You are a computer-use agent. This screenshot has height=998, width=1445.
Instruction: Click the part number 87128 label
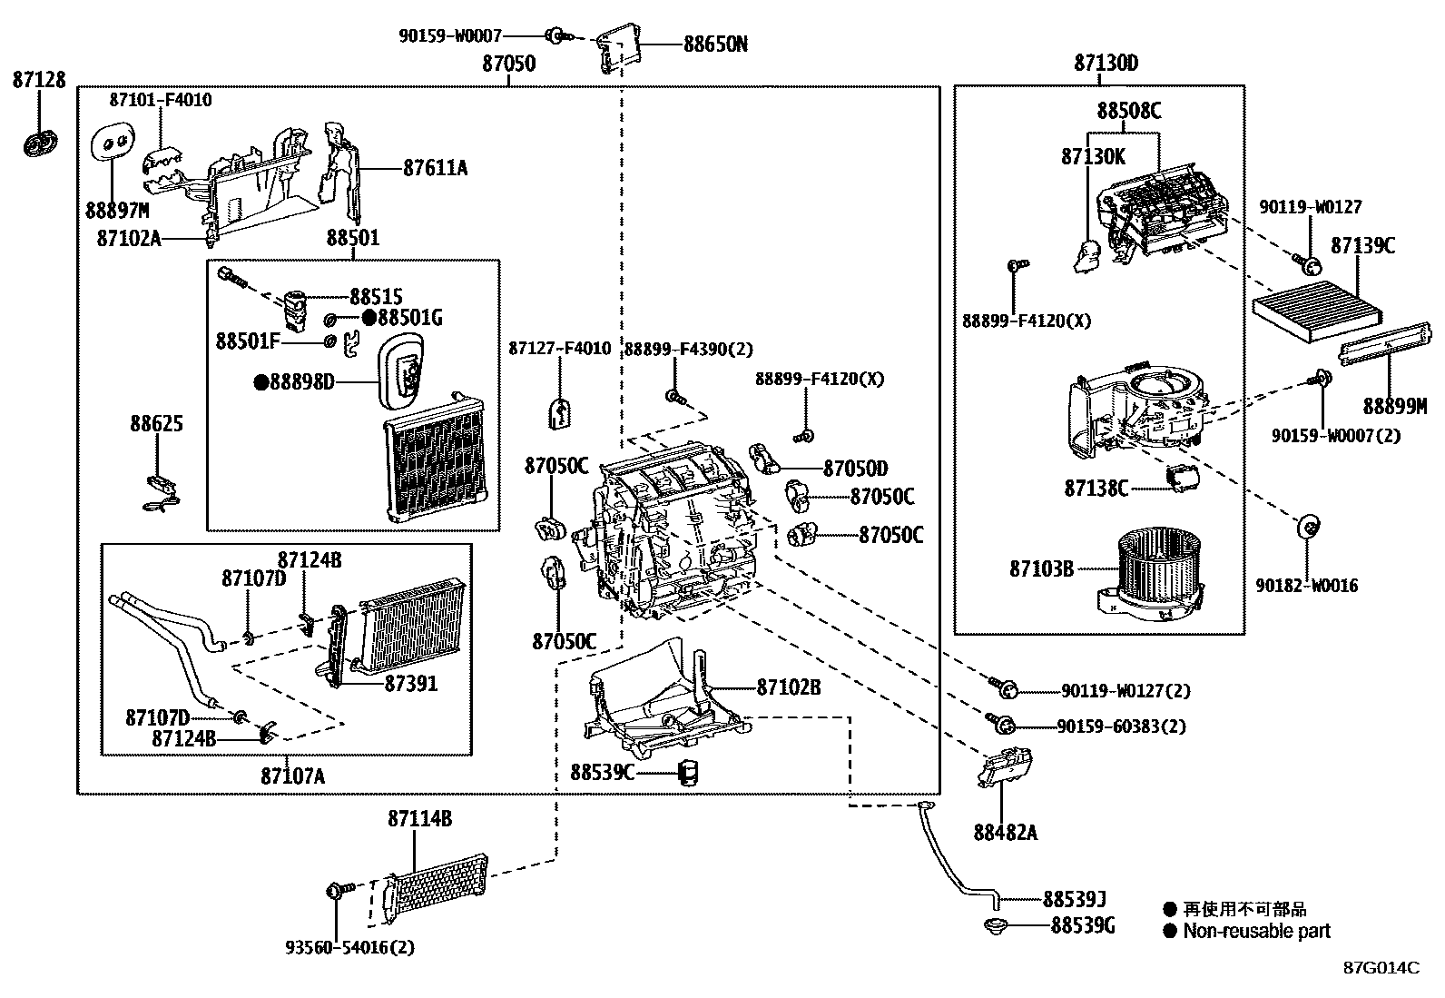click(x=39, y=80)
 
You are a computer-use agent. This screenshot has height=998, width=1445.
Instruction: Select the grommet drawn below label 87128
click(x=39, y=143)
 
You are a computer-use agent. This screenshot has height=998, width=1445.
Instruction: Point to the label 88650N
click(x=715, y=44)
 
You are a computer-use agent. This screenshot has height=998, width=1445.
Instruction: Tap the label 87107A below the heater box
click(x=292, y=776)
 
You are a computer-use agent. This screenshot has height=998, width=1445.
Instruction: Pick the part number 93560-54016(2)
click(x=349, y=947)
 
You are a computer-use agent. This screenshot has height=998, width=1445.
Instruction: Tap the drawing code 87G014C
click(x=1381, y=967)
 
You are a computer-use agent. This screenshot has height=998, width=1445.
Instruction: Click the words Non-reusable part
click(x=1256, y=931)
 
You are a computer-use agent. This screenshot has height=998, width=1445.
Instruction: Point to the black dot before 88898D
click(x=261, y=382)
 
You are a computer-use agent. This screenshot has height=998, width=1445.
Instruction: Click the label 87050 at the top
click(x=508, y=64)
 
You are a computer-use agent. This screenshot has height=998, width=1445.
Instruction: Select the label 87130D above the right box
click(x=1106, y=63)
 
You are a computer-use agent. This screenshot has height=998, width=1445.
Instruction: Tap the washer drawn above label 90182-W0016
click(x=1308, y=526)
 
